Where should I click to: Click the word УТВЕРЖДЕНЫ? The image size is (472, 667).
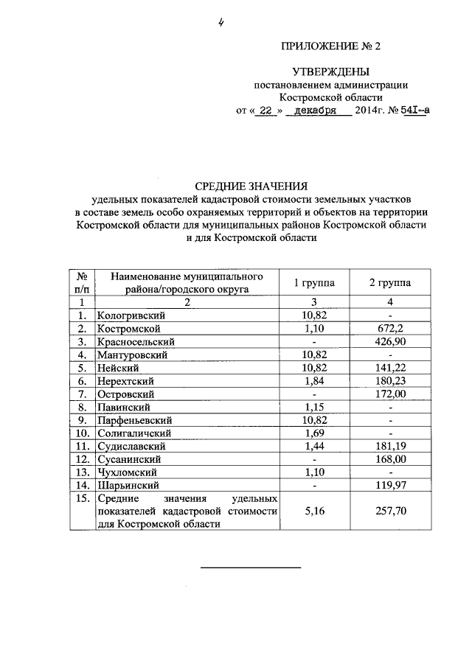[x=330, y=71]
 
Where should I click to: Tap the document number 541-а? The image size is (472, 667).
[x=414, y=110]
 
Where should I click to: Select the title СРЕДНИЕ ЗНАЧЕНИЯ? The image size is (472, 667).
[x=250, y=186]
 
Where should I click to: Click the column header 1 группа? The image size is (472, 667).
[x=314, y=283]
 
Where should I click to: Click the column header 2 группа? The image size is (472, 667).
[x=390, y=283]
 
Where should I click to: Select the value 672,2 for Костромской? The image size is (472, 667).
[x=390, y=329]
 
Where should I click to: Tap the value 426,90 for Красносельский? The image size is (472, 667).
[x=390, y=342]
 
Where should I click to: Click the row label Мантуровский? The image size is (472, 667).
[x=132, y=355]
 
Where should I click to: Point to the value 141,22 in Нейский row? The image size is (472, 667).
[x=390, y=369]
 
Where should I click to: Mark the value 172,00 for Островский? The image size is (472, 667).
[x=390, y=394]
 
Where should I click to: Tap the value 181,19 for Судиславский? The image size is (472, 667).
[x=390, y=446]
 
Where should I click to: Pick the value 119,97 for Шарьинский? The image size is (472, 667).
[x=390, y=486]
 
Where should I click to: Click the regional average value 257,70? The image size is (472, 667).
[x=390, y=511]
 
